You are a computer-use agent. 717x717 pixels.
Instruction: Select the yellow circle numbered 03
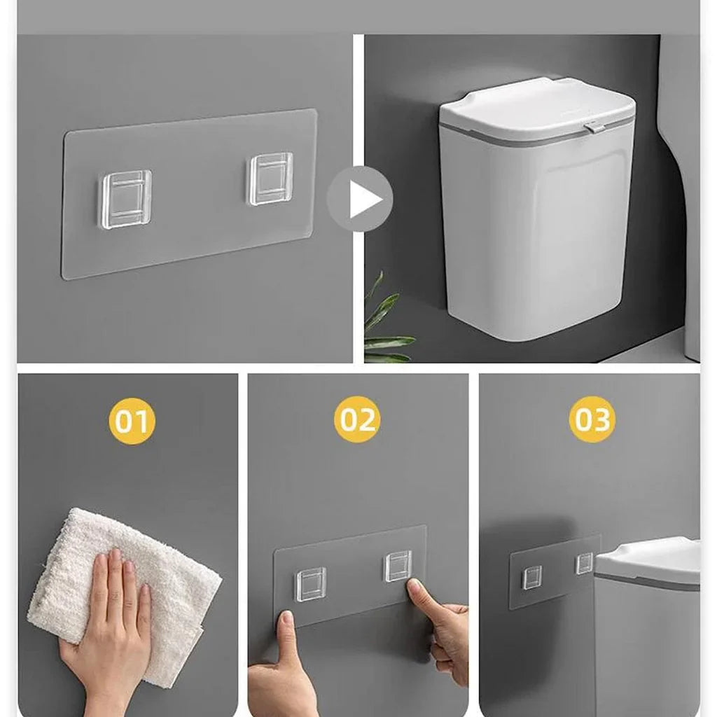click(592, 420)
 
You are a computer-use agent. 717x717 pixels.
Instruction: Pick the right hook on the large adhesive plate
click(271, 179)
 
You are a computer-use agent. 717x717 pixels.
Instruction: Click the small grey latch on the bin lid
click(596, 127)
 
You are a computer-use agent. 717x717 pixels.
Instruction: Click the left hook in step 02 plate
click(311, 583)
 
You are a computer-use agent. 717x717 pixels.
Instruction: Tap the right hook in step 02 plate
click(397, 566)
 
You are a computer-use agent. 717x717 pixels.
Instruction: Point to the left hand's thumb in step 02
click(288, 634)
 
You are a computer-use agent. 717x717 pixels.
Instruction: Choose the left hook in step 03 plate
click(532, 577)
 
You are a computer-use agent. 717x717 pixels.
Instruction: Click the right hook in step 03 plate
click(584, 564)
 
